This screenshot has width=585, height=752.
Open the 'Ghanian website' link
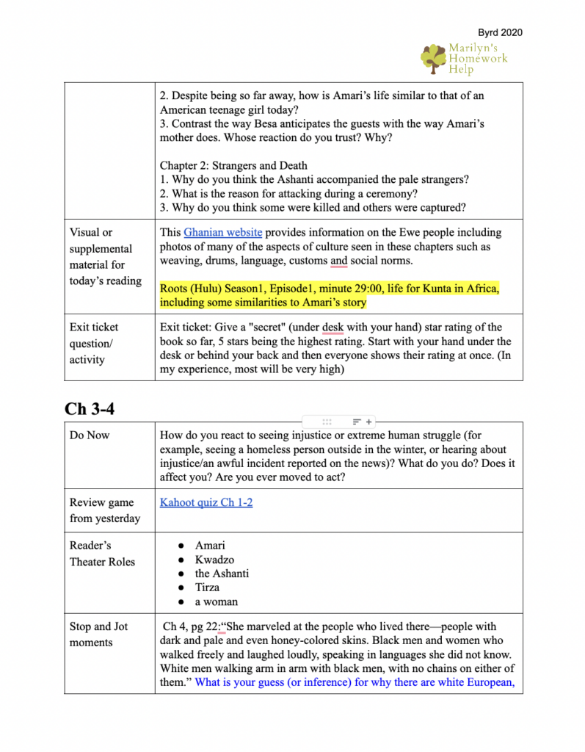pyautogui.click(x=222, y=233)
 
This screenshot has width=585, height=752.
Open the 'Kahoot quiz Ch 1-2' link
pyautogui.click(x=206, y=503)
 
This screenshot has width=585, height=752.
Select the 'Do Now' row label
pyautogui.click(x=90, y=435)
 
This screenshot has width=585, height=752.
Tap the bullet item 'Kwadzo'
pyautogui.click(x=214, y=560)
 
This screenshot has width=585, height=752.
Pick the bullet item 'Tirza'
pyautogui.click(x=207, y=587)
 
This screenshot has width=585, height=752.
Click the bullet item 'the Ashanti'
pyautogui.click(x=222, y=574)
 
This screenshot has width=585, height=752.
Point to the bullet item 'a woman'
pyautogui.click(x=217, y=601)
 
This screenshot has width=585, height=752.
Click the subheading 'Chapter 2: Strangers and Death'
pyautogui.click(x=233, y=165)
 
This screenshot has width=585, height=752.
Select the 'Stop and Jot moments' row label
pyautogui.click(x=98, y=634)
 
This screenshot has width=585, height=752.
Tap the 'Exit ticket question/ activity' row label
pyautogui.click(x=94, y=343)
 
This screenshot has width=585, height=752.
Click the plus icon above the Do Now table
pyautogui.click(x=368, y=422)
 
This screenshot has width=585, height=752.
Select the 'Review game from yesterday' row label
pyautogui.click(x=101, y=510)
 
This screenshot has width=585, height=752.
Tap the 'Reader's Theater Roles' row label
pyautogui.click(x=102, y=554)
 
